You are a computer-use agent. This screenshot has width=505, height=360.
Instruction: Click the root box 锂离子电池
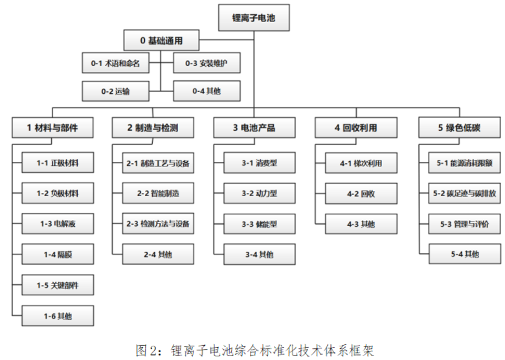(x=254, y=17)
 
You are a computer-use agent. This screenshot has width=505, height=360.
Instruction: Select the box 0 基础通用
(x=161, y=40)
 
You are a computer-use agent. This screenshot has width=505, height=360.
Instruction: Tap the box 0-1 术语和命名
(x=116, y=63)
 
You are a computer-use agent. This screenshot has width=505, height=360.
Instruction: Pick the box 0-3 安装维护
(x=207, y=63)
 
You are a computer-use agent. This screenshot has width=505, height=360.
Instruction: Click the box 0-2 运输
(x=116, y=91)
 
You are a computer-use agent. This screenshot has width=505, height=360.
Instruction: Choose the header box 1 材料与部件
(x=52, y=128)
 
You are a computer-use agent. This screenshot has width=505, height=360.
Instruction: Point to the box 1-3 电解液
(x=58, y=223)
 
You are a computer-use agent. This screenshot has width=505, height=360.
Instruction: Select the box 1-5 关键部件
(x=58, y=285)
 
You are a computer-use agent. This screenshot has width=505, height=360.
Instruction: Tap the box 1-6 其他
(x=58, y=316)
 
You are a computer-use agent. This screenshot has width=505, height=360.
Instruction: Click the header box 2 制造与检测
(x=153, y=128)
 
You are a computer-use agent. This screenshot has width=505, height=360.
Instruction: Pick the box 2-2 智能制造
(x=158, y=193)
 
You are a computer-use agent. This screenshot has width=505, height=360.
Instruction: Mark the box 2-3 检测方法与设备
(x=158, y=223)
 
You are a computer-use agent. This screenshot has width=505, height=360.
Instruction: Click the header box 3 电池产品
(x=254, y=128)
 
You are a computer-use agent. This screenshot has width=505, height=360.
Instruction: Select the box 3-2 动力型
(x=260, y=193)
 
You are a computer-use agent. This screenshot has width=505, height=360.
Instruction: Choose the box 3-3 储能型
(x=260, y=224)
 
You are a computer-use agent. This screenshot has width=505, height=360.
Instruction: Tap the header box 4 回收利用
(x=356, y=128)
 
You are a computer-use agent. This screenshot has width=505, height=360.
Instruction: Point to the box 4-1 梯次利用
(x=361, y=163)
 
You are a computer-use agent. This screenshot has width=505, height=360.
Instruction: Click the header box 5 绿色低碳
(x=459, y=128)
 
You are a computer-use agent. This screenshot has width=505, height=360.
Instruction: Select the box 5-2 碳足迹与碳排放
(x=464, y=193)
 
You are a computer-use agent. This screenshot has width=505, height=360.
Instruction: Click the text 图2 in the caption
(x=146, y=350)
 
